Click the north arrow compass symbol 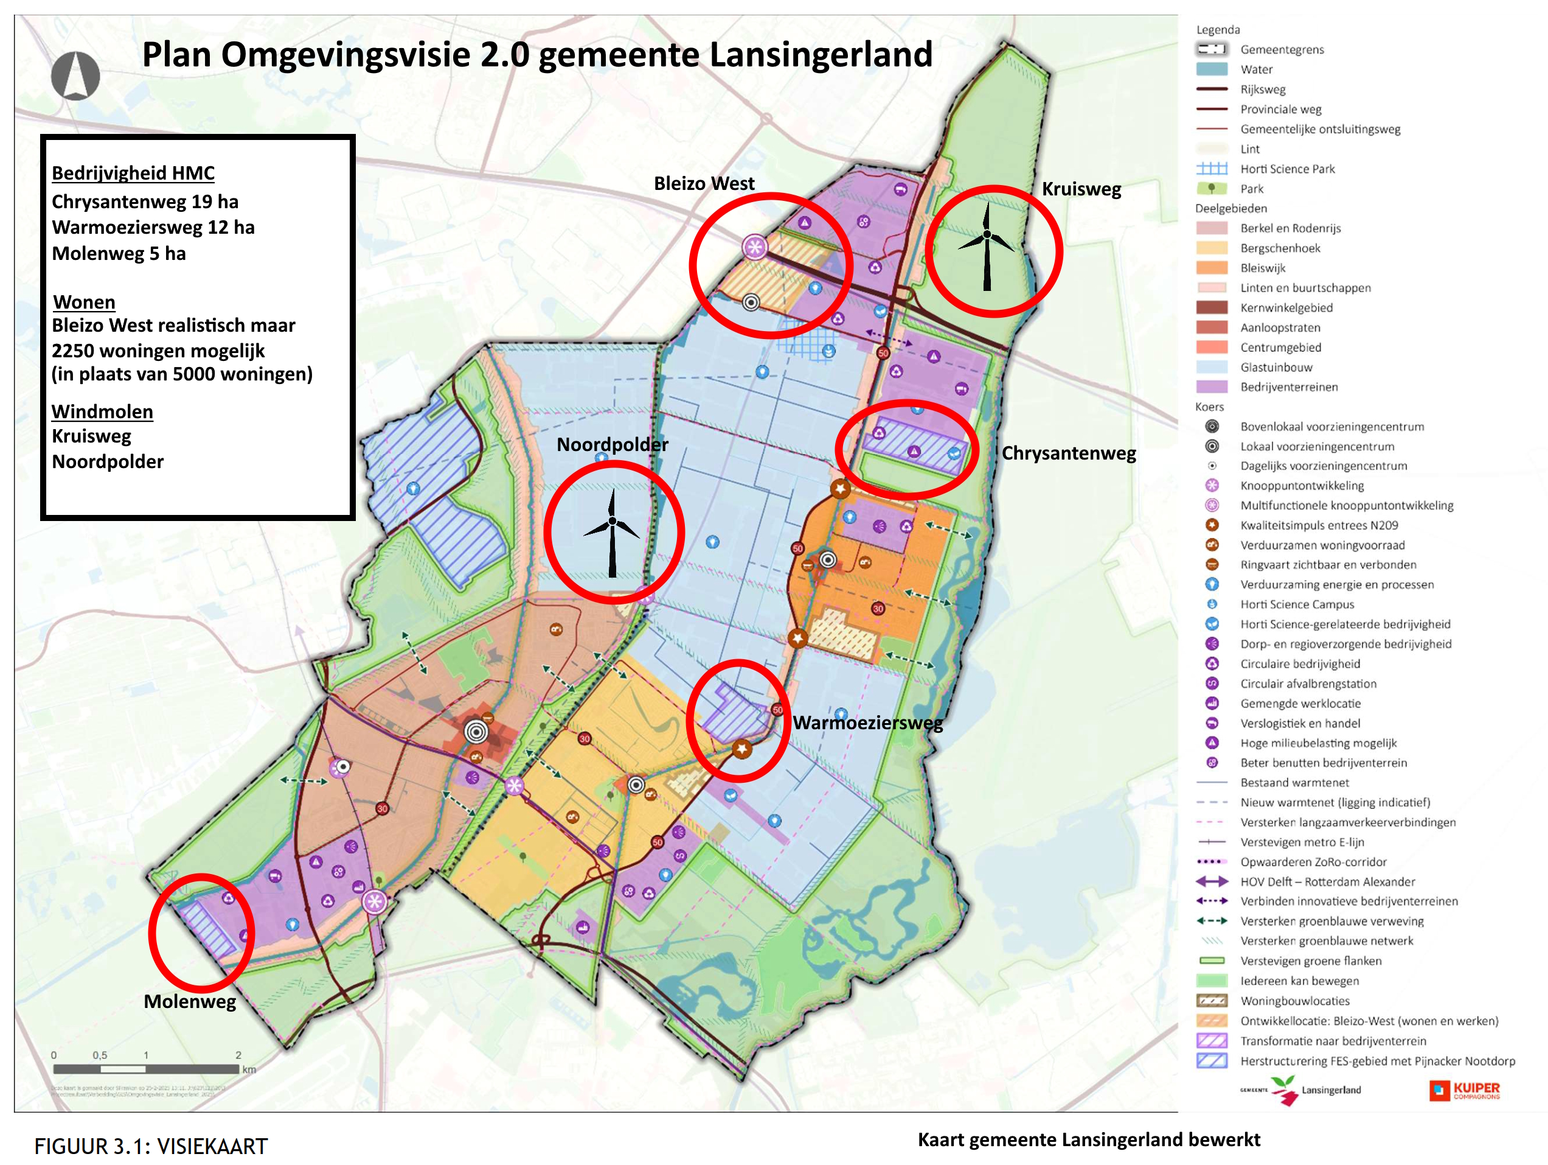point(75,75)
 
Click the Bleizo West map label point(703,183)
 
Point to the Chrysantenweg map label point(1068,453)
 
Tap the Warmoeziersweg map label point(867,722)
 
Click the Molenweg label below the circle point(190,1001)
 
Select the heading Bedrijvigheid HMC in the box point(133,173)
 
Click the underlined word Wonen point(84,302)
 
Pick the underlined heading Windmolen point(102,411)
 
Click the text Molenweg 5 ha point(119,253)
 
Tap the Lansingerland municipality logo point(1302,1090)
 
